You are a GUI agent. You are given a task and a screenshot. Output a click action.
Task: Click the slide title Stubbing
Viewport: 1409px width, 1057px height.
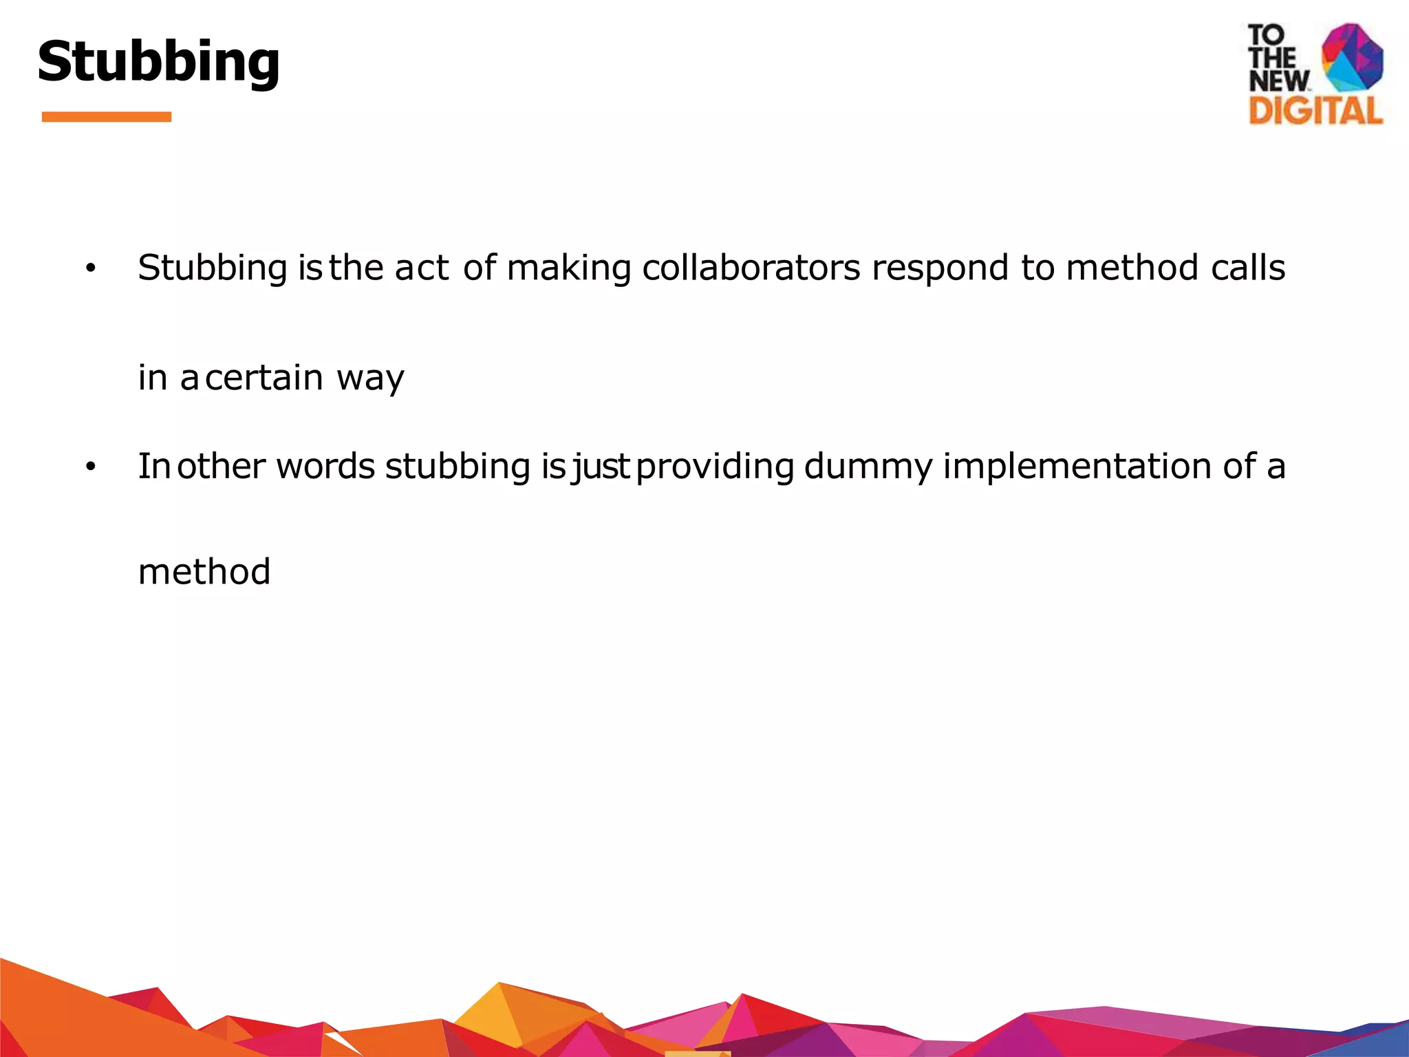159,62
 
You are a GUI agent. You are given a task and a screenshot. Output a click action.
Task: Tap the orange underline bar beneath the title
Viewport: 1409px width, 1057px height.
107,117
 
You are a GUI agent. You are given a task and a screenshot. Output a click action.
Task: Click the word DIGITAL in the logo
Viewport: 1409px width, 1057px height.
1315,111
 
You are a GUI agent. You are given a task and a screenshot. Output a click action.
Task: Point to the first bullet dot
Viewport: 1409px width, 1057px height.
90,269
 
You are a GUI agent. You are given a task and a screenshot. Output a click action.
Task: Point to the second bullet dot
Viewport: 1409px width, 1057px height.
90,467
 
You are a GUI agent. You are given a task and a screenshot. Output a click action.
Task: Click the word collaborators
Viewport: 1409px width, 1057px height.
751,268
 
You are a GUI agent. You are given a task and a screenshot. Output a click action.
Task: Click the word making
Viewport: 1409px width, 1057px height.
569,269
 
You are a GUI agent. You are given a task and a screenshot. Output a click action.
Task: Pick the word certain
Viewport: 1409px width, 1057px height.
264,378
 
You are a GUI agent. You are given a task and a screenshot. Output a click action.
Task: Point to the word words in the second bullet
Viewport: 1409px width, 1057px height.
325,467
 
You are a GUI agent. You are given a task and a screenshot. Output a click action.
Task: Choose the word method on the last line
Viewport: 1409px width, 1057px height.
204,572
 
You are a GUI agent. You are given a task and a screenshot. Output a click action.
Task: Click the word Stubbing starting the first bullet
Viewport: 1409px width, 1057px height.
212,269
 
